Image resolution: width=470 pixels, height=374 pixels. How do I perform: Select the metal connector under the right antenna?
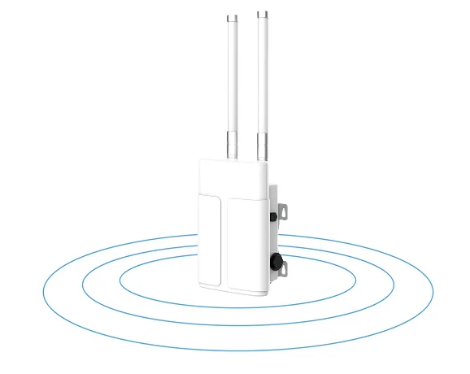tap(263, 147)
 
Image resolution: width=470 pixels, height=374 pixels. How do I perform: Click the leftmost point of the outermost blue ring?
tap(42, 291)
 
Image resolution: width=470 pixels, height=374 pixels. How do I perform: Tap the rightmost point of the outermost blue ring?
tap(433, 291)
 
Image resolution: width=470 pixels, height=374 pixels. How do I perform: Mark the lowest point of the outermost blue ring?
tap(236, 350)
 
